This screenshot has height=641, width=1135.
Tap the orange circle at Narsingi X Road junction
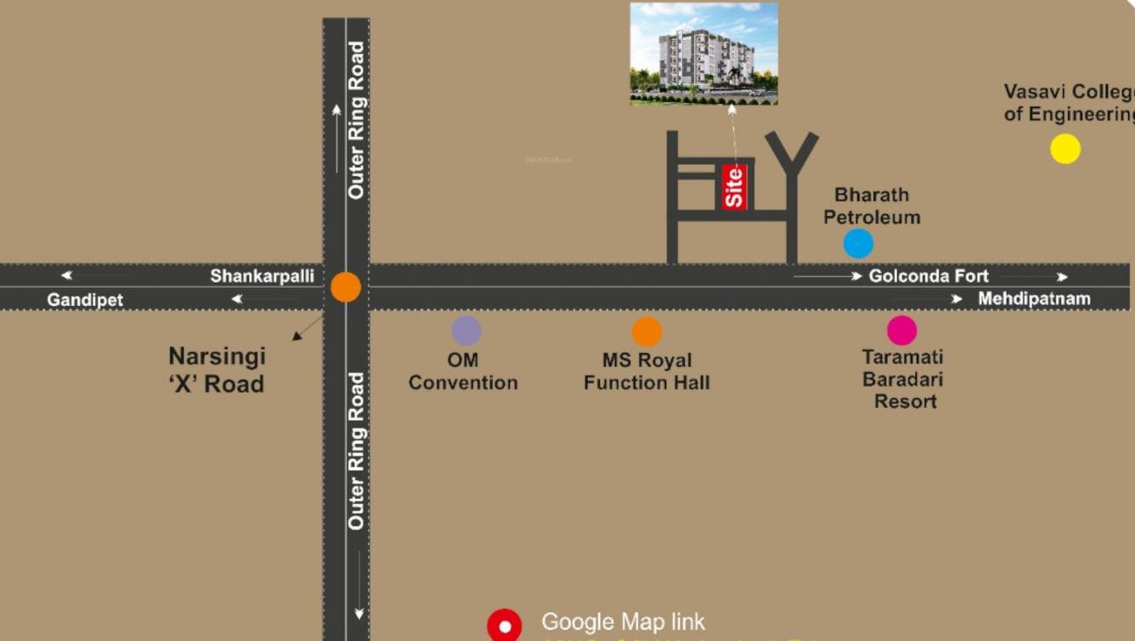pos(346,287)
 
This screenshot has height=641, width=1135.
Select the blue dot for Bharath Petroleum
pos(858,243)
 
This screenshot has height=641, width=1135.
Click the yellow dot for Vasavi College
pos(1065,149)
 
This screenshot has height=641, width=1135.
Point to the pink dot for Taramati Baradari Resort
pos(901,330)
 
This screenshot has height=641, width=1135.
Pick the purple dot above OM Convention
pos(466,331)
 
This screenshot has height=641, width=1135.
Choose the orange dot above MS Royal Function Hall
pos(647,332)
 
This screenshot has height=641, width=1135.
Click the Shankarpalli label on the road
pos(262,276)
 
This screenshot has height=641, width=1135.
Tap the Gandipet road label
pos(85,300)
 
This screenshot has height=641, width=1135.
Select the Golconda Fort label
pos(929,276)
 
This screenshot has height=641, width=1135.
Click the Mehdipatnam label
pos(1034,298)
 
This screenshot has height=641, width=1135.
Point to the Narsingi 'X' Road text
pos(217,370)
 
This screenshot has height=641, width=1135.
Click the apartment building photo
pos(703,54)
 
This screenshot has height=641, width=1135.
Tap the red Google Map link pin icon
pos(504,626)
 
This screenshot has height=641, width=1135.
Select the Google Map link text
pos(623,622)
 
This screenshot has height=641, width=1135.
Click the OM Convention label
pos(463,372)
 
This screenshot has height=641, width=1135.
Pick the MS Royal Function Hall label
pos(647,372)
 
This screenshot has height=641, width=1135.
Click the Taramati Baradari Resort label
pos(903,379)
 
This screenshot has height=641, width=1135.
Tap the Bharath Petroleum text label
pos(872,206)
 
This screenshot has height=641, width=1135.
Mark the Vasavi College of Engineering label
pos(1069,103)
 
